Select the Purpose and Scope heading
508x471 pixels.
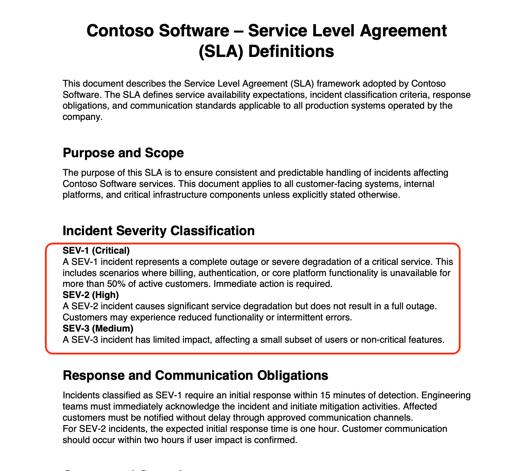pyautogui.click(x=123, y=153)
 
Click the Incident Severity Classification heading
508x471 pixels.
pyautogui.click(x=158, y=231)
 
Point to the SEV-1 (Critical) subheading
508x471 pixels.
pyautogui.click(x=96, y=251)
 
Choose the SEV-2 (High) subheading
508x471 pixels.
pyautogui.click(x=91, y=295)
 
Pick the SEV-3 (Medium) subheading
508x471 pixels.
pyautogui.click(x=98, y=328)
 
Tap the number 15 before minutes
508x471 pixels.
pyautogui.click(x=324, y=395)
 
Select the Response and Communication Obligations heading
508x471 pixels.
pyautogui.click(x=195, y=375)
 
